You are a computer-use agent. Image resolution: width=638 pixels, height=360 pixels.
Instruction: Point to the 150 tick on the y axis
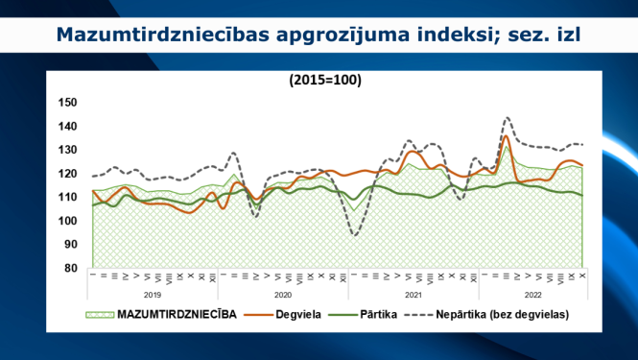coord(68,103)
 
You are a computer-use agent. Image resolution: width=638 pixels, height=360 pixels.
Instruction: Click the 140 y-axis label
coord(68,127)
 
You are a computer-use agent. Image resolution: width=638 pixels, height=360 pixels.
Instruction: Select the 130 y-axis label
coord(68,150)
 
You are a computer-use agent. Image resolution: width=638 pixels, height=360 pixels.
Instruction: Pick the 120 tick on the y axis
coord(68,174)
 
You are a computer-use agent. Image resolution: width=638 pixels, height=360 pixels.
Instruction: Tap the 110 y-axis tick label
coord(68,197)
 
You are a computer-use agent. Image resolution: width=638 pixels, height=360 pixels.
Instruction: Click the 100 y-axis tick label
coord(68,221)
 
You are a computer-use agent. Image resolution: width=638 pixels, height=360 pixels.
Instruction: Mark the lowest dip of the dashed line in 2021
coord(356,235)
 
